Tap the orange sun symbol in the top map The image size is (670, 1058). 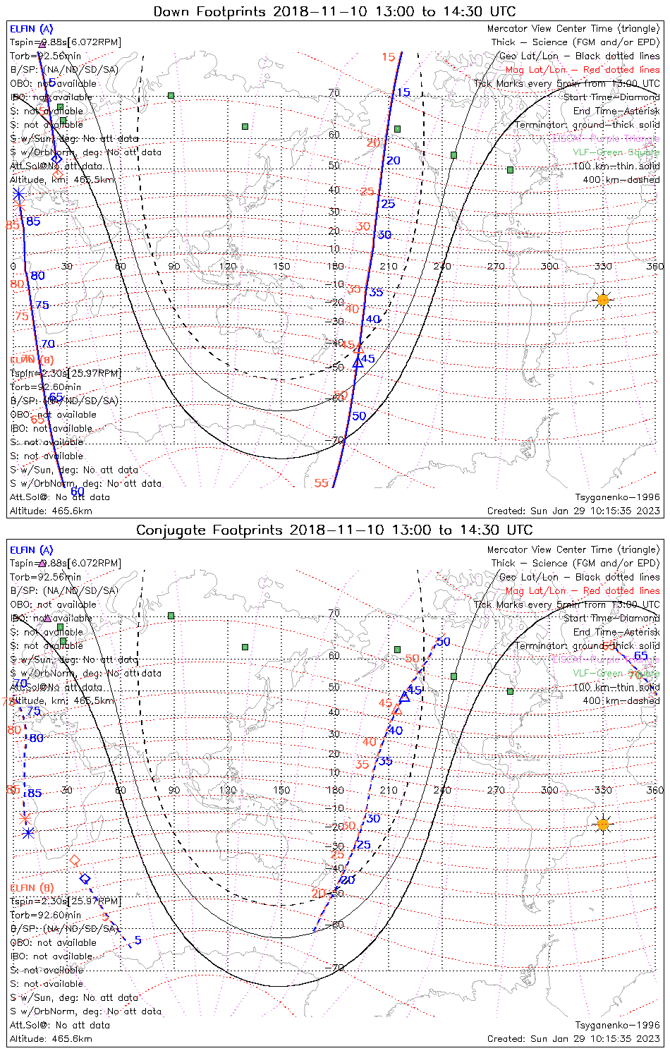(x=602, y=300)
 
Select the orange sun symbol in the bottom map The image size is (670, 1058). (x=602, y=824)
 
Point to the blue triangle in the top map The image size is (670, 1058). (x=358, y=363)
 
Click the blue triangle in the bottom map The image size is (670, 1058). (x=404, y=697)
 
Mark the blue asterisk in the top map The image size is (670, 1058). (x=18, y=193)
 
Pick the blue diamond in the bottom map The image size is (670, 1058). (x=85, y=879)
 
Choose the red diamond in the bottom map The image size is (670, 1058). (x=75, y=861)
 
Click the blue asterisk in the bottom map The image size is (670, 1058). (x=28, y=833)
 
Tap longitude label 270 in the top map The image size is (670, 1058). (x=496, y=267)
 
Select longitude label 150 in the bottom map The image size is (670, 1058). (x=281, y=791)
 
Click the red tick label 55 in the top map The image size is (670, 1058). (x=322, y=483)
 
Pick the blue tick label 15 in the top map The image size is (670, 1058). (x=403, y=93)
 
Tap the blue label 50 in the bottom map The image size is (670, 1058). (x=443, y=642)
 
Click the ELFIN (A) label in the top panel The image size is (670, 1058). (x=31, y=29)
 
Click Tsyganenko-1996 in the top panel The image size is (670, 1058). (x=618, y=497)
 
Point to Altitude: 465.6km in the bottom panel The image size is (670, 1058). (x=51, y=1039)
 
